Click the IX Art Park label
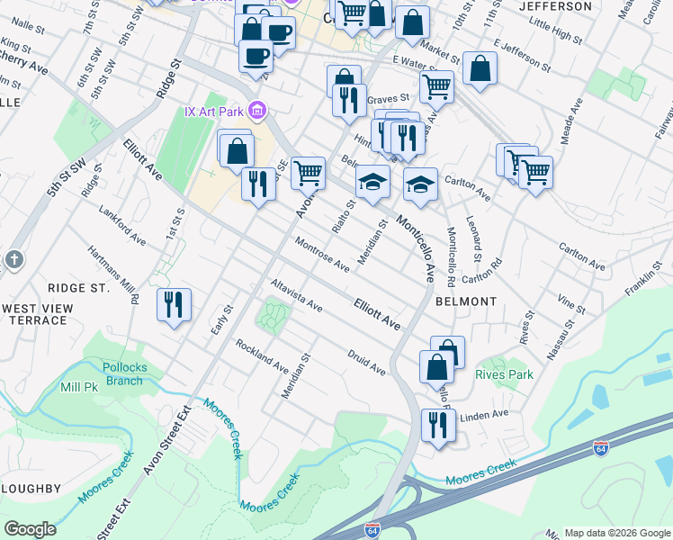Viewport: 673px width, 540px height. (214, 112)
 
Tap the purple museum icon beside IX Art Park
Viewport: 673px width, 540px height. (258, 111)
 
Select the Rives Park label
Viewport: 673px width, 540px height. (504, 374)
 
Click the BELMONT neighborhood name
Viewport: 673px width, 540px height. (465, 301)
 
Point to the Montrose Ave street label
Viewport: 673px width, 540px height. (322, 254)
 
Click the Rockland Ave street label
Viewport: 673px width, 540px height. (262, 357)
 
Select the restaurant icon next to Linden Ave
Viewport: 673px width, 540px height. (437, 424)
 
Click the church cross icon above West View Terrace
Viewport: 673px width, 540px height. (13, 260)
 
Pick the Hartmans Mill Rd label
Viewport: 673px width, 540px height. (112, 275)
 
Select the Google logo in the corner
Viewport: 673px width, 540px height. (31, 529)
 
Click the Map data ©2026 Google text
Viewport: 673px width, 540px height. (616, 532)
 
